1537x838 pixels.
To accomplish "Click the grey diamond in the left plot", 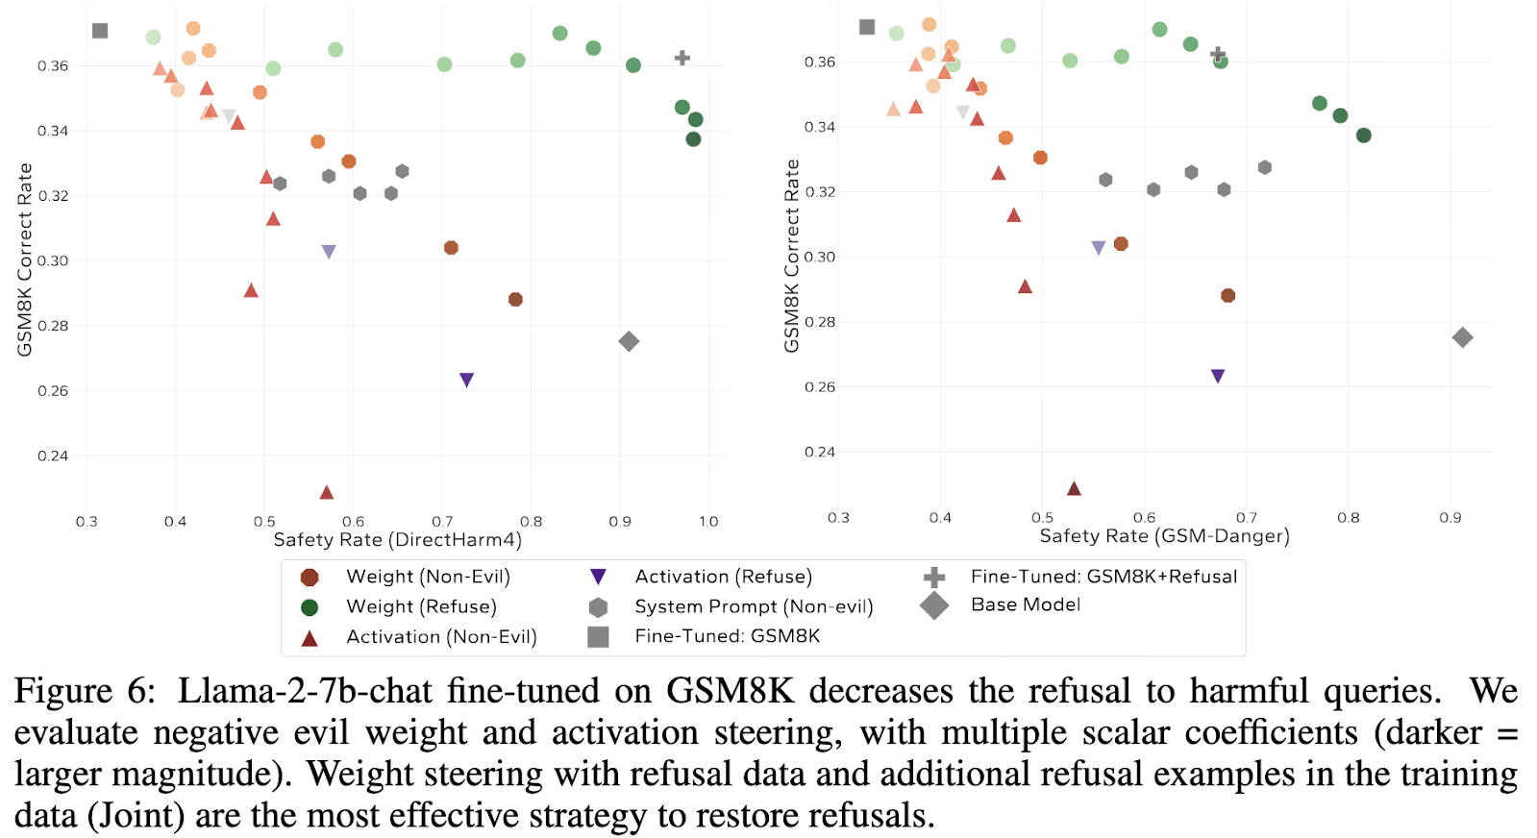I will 629,341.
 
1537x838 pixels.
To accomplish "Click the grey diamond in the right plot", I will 1462,337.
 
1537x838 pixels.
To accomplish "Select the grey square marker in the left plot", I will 100,31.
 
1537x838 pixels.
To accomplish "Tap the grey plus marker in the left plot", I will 682,58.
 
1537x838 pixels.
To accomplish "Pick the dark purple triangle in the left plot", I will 467,380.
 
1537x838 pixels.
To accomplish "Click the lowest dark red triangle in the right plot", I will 1075,488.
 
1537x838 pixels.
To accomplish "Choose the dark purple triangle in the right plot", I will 1218,376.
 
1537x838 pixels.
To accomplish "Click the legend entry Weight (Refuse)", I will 421,606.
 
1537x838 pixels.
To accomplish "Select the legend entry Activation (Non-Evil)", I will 441,636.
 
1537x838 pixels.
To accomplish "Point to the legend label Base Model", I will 1026,604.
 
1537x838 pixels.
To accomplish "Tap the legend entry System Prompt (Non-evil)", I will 754,606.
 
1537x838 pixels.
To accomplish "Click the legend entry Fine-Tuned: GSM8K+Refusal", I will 1103,577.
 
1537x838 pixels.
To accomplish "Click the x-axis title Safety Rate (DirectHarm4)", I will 398,540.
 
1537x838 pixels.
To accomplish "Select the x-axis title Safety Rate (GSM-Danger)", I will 1164,536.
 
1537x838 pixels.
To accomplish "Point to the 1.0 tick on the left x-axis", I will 708,522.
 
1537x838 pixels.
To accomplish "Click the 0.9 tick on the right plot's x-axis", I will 1450,518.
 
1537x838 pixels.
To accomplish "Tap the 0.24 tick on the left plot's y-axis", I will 53,456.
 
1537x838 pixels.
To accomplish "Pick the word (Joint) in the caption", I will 136,816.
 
